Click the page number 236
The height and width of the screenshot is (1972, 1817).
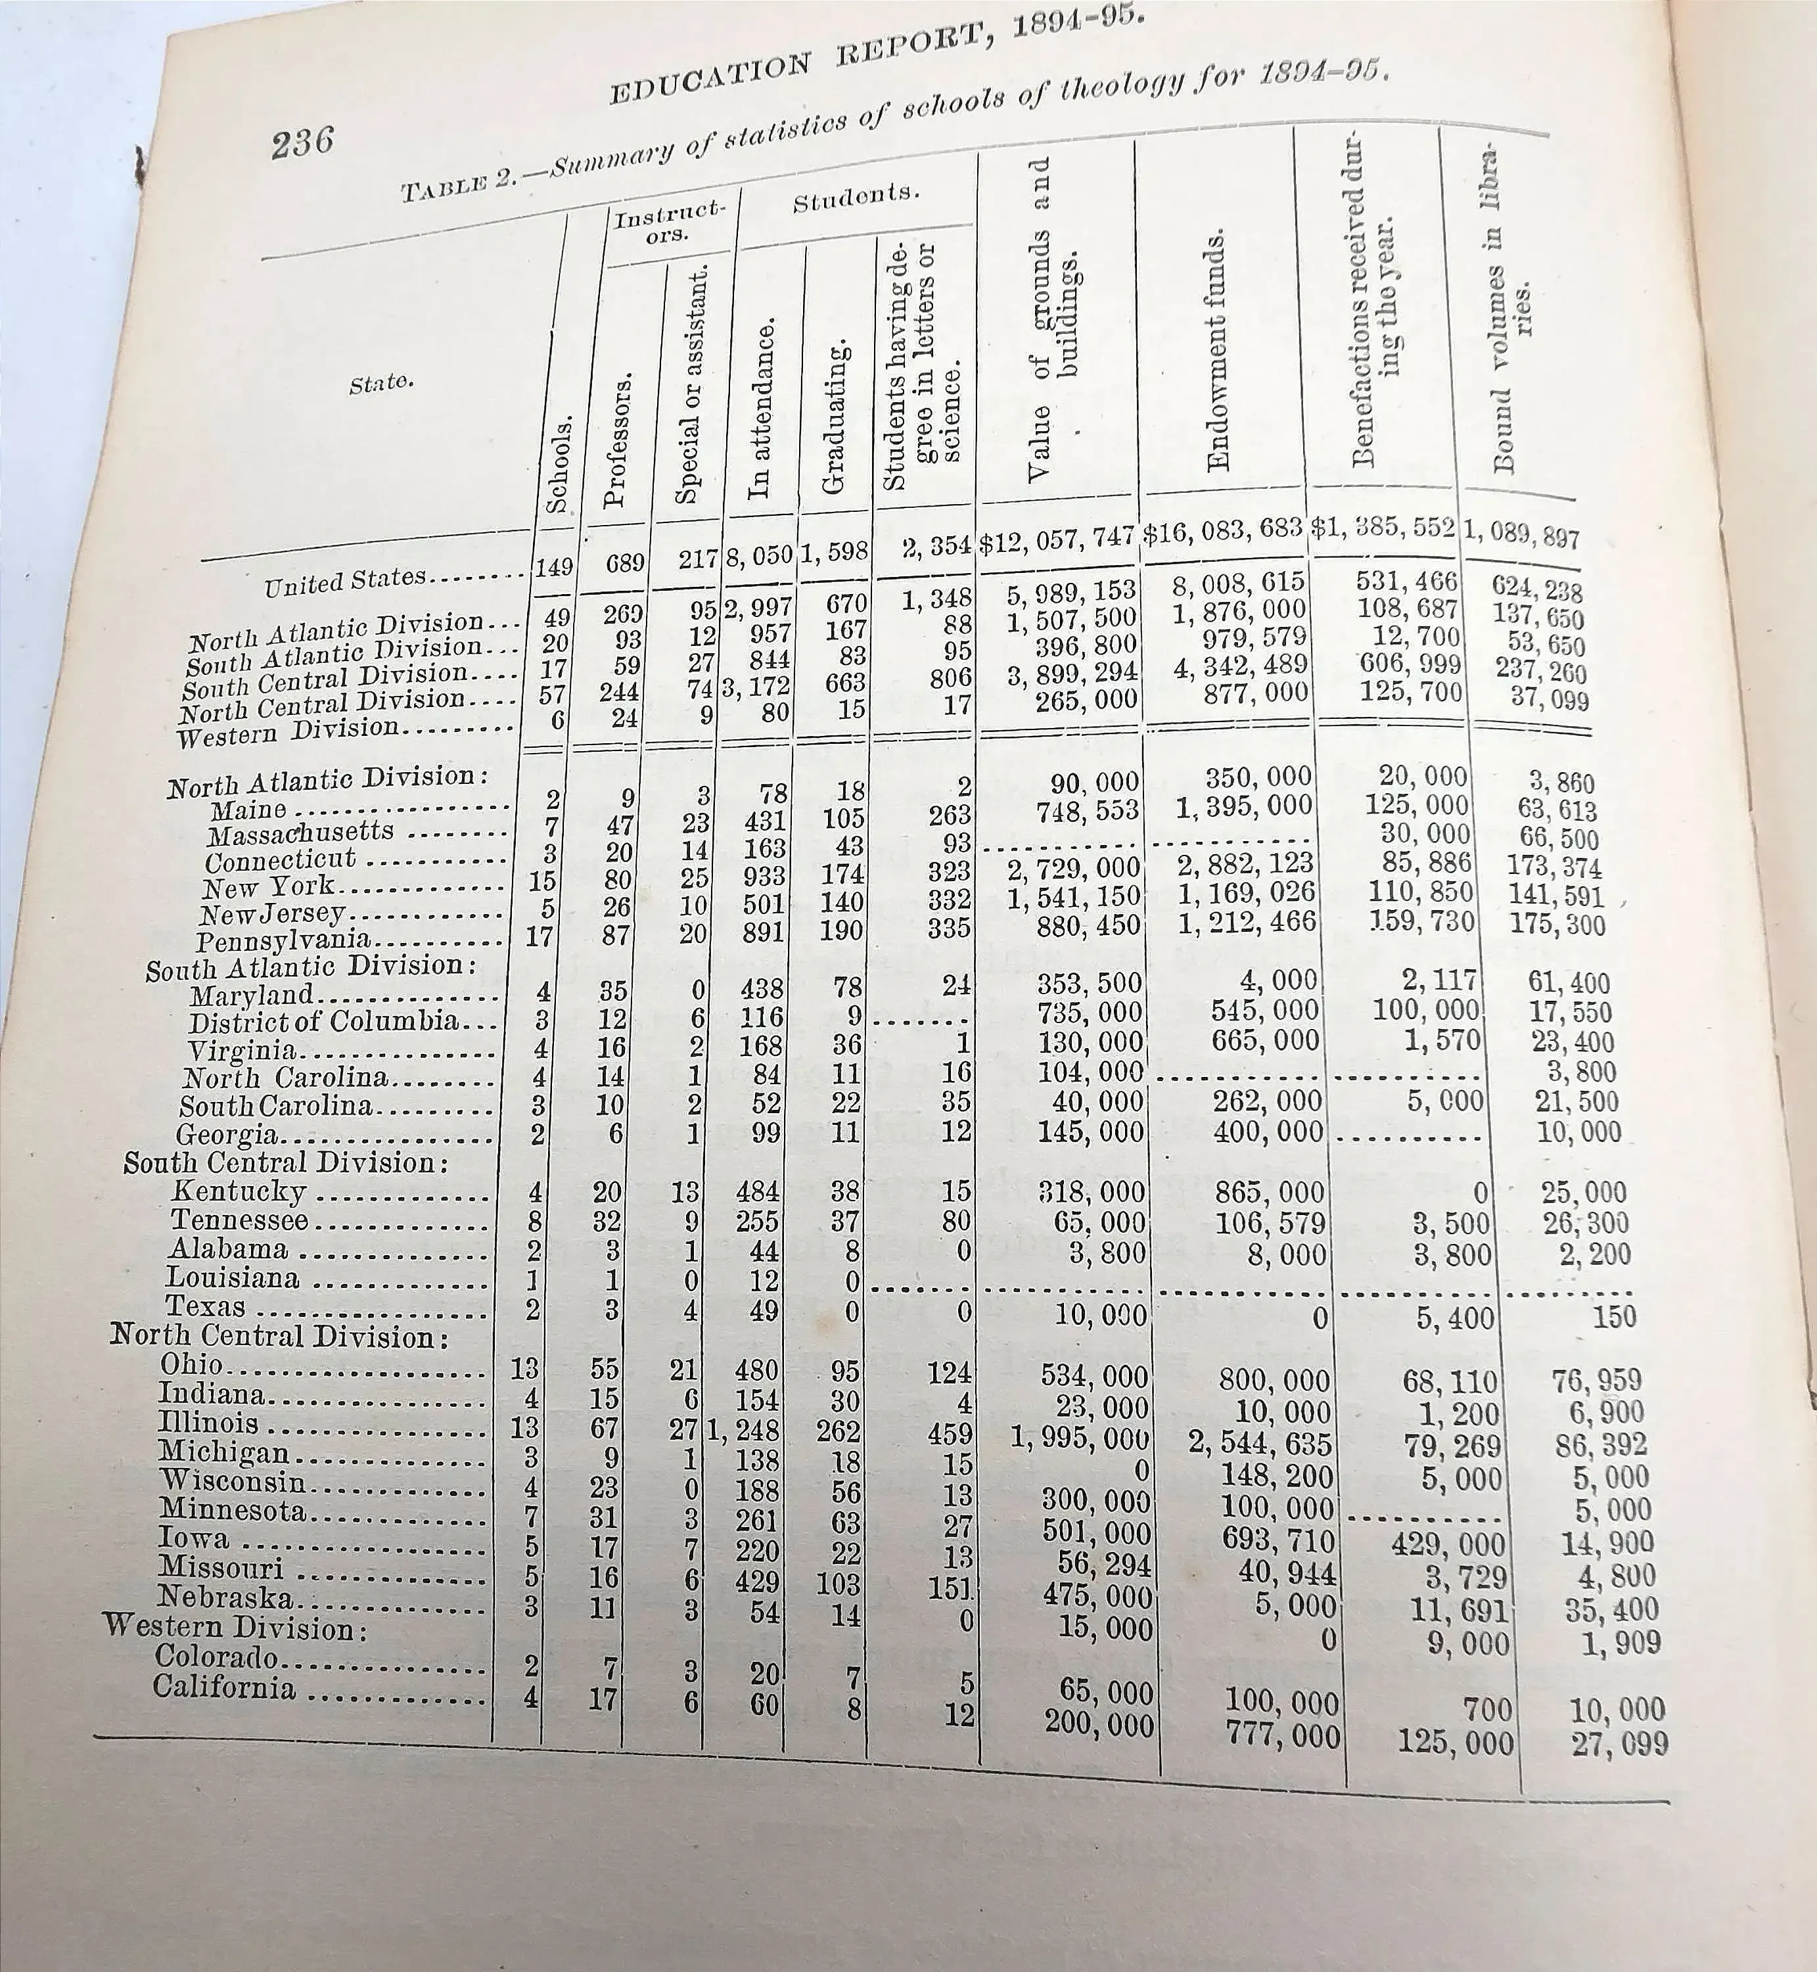[x=303, y=143]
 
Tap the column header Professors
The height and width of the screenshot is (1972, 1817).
[x=616, y=440]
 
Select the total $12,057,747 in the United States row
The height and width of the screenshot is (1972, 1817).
[x=1057, y=541]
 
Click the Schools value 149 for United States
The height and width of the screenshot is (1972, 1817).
[x=553, y=566]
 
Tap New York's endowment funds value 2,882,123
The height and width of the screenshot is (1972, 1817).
[x=1247, y=863]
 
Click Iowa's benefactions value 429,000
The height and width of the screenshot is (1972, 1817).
[x=1447, y=1544]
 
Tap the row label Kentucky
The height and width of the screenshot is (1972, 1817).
[x=238, y=1191]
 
